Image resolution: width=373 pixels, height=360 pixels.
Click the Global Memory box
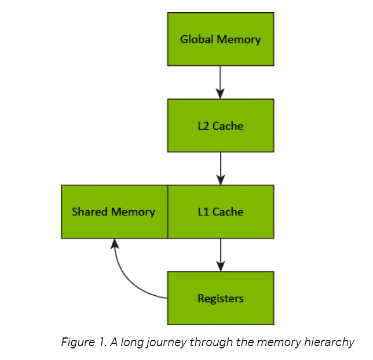(x=220, y=39)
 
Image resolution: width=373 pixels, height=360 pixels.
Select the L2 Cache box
(x=220, y=126)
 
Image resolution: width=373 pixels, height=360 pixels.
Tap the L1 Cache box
(x=220, y=212)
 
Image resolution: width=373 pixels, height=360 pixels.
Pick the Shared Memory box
(x=114, y=212)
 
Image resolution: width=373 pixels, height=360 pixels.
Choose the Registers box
(x=220, y=298)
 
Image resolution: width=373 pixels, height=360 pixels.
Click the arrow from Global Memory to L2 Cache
(x=220, y=81)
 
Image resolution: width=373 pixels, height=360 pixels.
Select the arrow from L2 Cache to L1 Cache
(x=220, y=168)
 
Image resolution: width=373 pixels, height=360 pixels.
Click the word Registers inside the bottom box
(x=220, y=299)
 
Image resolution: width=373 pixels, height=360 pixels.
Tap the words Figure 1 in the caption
(x=82, y=342)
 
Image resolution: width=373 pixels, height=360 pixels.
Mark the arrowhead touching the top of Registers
(x=220, y=266)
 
